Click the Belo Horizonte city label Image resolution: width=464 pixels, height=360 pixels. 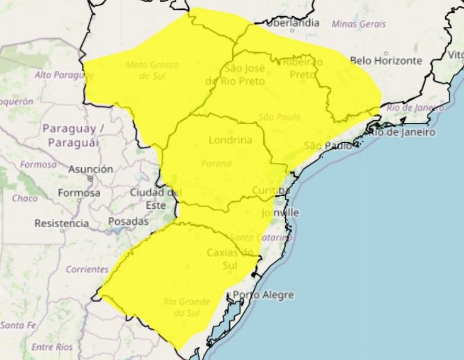(385, 60)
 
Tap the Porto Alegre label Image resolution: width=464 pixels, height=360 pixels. (263, 295)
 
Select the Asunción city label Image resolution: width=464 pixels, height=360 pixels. (90, 170)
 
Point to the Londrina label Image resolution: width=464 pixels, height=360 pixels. (230, 140)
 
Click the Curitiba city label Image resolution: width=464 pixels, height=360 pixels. (271, 189)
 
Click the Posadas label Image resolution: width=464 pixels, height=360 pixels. (128, 221)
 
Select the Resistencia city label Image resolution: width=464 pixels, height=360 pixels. (61, 224)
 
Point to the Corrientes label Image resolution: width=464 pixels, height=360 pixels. (87, 270)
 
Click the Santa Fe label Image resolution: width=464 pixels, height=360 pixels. (18, 325)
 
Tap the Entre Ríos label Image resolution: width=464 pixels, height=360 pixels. (52, 347)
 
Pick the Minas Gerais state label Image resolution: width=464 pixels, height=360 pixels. (359, 24)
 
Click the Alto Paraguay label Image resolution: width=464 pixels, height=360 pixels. (60, 75)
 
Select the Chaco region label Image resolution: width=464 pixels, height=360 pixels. (25, 198)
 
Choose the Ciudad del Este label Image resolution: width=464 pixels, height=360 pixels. (155, 198)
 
